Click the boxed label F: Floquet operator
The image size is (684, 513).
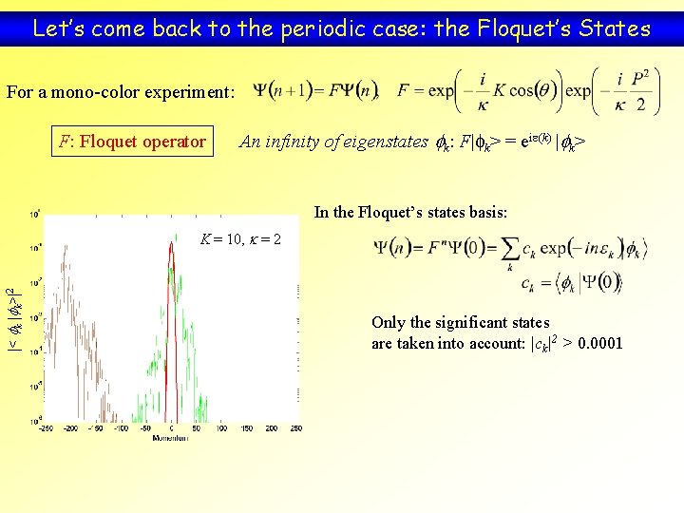132,142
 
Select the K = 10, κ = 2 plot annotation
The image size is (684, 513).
240,237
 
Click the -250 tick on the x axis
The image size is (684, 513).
46,429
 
